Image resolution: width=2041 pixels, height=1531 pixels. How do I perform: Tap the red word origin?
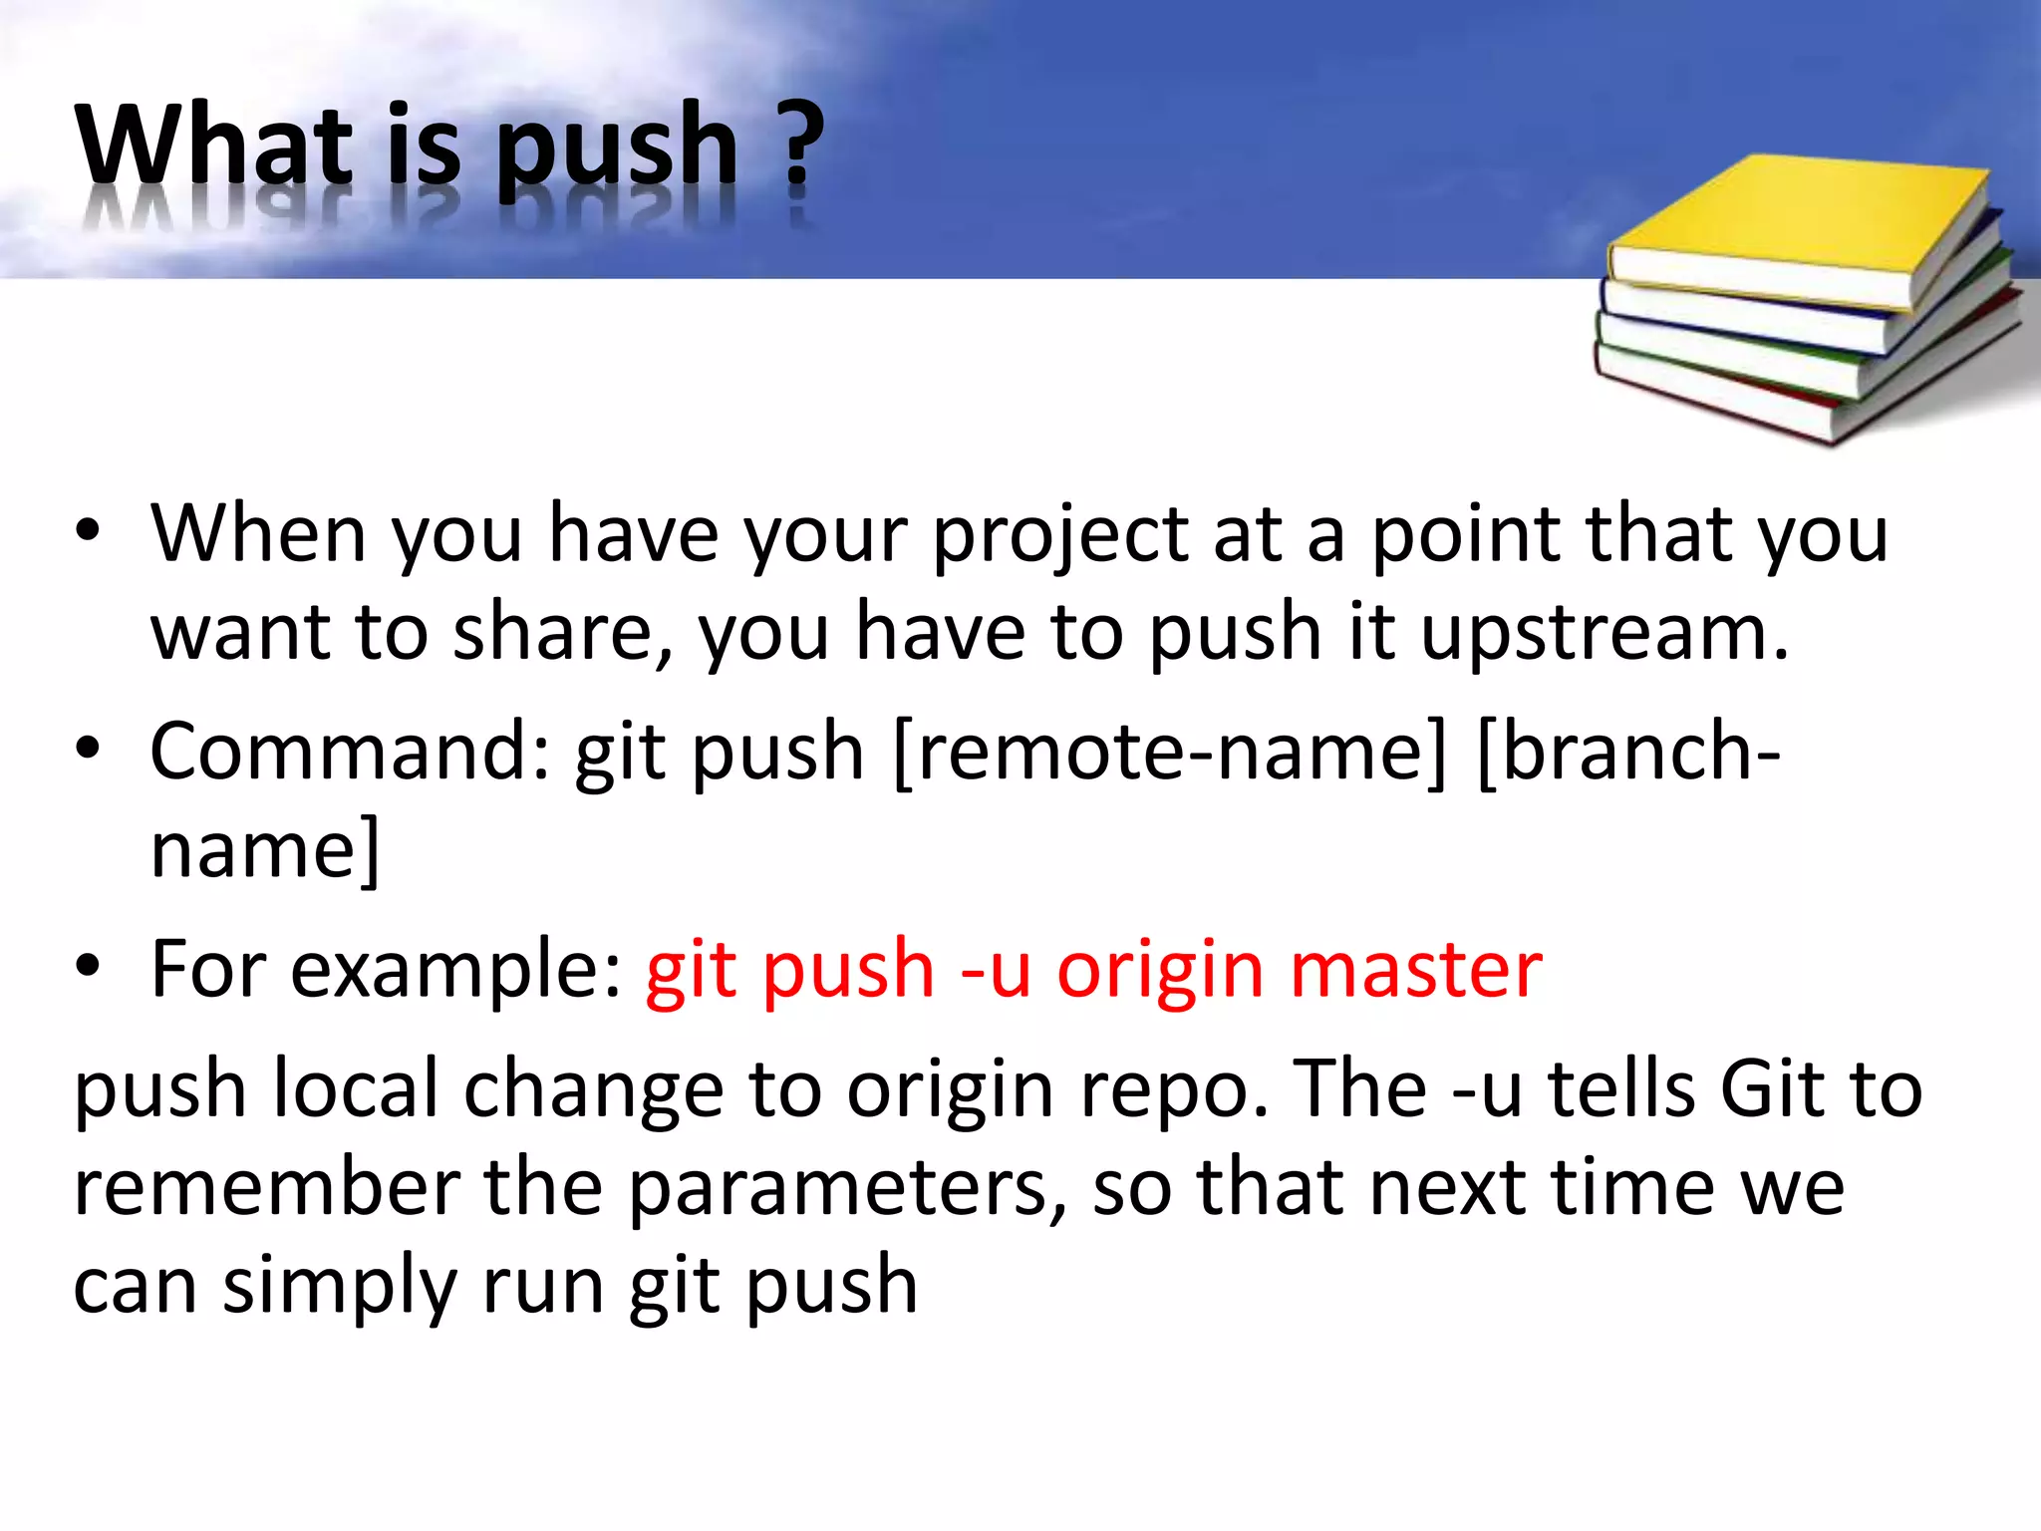point(1161,972)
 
